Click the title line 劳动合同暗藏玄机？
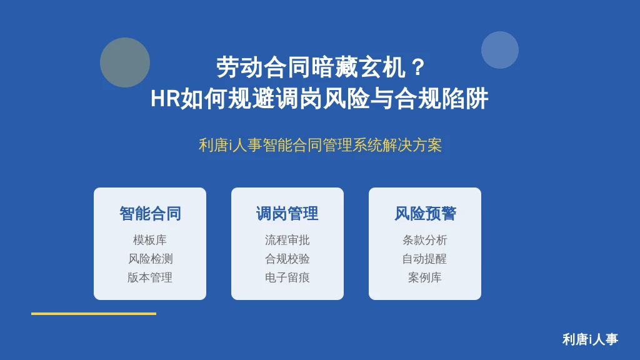(321, 67)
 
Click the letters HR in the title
(165, 99)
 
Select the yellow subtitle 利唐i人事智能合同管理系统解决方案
(320, 145)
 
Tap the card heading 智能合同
(150, 214)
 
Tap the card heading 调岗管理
(287, 214)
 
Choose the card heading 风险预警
(425, 214)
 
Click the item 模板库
(150, 240)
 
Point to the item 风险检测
(150, 259)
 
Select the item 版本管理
(150, 277)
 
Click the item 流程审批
(287, 240)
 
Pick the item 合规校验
(287, 259)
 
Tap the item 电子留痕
(287, 277)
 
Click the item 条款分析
(425, 240)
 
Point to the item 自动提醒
(424, 259)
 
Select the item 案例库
(425, 277)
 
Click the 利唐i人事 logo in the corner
(590, 339)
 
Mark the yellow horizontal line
(94, 314)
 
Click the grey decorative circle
(125, 62)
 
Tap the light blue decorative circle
(500, 50)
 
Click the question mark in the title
(418, 67)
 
